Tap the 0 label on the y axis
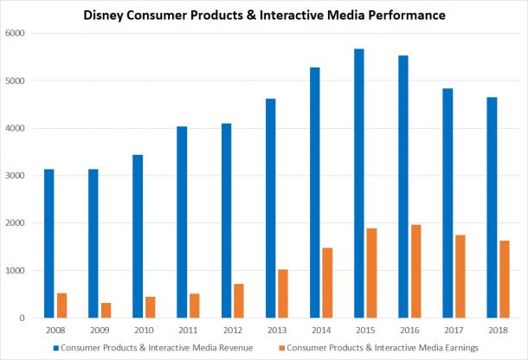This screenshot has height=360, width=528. (x=25, y=318)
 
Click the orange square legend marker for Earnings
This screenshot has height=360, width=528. (x=280, y=346)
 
